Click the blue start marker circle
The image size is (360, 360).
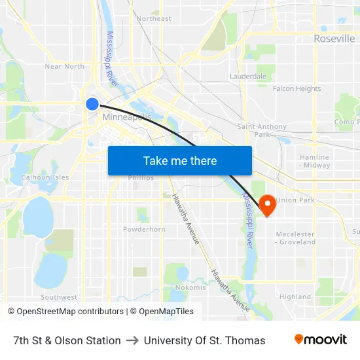92,103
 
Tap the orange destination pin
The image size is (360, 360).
267,205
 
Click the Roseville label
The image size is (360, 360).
334,39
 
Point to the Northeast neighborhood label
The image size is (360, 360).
154,18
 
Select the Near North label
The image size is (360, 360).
64,66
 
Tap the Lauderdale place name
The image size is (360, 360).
248,77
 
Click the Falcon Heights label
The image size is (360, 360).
297,88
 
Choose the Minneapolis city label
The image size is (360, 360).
127,117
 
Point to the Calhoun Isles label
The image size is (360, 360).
45,177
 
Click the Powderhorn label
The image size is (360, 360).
144,229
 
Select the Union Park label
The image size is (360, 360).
295,200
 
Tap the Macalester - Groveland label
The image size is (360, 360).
295,238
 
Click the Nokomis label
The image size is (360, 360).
190,287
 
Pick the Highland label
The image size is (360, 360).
295,297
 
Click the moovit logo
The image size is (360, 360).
321,340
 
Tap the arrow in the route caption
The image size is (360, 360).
132,340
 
